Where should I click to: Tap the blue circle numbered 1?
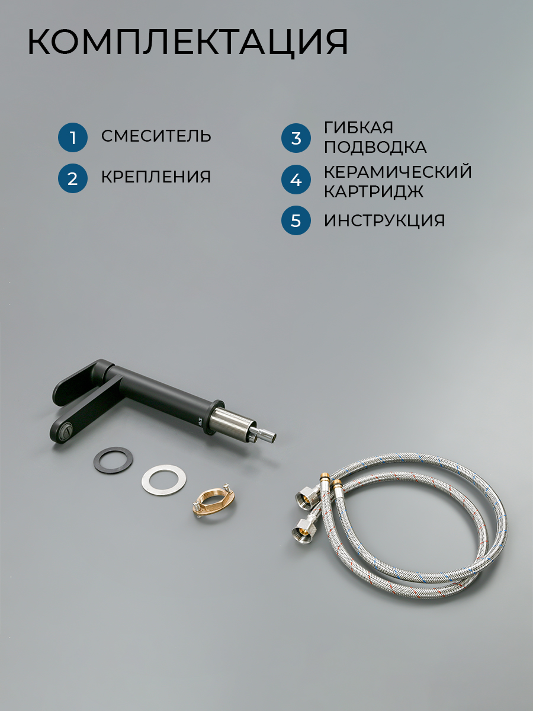tap(73, 137)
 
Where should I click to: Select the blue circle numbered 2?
tap(73, 178)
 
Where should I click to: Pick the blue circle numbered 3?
tap(296, 138)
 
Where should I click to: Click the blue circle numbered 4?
tap(296, 180)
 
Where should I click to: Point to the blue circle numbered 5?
tap(296, 220)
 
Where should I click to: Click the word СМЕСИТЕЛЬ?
tap(156, 136)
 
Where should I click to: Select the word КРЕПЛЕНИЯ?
tap(156, 177)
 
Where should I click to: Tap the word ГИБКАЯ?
tap(358, 127)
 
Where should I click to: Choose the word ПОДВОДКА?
tap(375, 147)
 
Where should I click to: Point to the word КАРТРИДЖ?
tap(374, 191)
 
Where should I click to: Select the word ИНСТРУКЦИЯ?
tap(384, 220)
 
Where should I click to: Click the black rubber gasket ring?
tap(113, 449)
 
